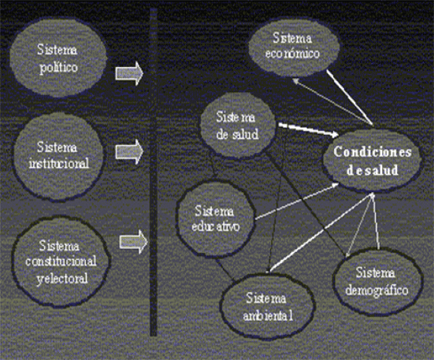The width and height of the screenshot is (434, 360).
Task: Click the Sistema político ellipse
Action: (x=58, y=58)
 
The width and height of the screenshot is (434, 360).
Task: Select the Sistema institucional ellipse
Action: (x=59, y=155)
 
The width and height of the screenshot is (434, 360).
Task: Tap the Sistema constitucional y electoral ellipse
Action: (x=61, y=262)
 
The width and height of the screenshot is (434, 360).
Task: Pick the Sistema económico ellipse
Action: (x=294, y=46)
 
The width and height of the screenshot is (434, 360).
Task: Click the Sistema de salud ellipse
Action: (x=237, y=125)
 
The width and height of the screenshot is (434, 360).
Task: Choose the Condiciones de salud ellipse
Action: (x=373, y=160)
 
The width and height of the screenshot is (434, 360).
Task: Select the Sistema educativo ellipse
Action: (x=216, y=219)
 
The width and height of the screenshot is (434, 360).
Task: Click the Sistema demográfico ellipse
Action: (x=378, y=282)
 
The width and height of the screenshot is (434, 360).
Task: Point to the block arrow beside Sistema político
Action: (x=129, y=73)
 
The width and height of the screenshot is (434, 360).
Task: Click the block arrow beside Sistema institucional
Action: (x=129, y=152)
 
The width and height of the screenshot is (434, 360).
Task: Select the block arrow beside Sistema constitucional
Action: (x=133, y=242)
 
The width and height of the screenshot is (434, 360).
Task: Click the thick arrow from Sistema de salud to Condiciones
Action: (x=309, y=130)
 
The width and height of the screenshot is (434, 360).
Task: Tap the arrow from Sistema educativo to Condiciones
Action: (x=297, y=201)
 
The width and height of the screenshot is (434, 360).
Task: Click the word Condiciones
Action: (x=373, y=152)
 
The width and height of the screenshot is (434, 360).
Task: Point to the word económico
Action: (x=292, y=53)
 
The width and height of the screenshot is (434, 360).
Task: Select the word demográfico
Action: (x=377, y=291)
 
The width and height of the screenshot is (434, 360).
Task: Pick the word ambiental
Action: (x=268, y=315)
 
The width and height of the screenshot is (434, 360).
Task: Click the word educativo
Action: (x=216, y=226)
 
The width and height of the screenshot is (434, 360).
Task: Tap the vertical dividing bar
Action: (x=153, y=171)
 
